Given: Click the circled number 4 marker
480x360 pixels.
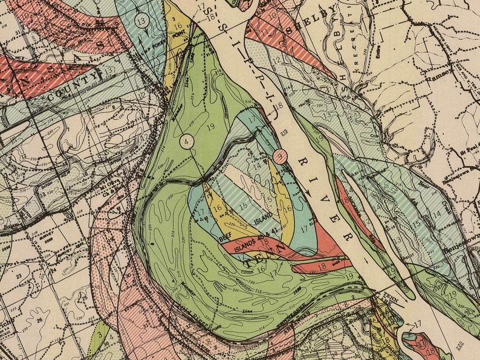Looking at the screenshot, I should (x=187, y=141).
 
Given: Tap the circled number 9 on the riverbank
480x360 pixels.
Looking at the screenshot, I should (x=280, y=156).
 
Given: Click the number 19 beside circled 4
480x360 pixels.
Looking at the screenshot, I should (x=210, y=127).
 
